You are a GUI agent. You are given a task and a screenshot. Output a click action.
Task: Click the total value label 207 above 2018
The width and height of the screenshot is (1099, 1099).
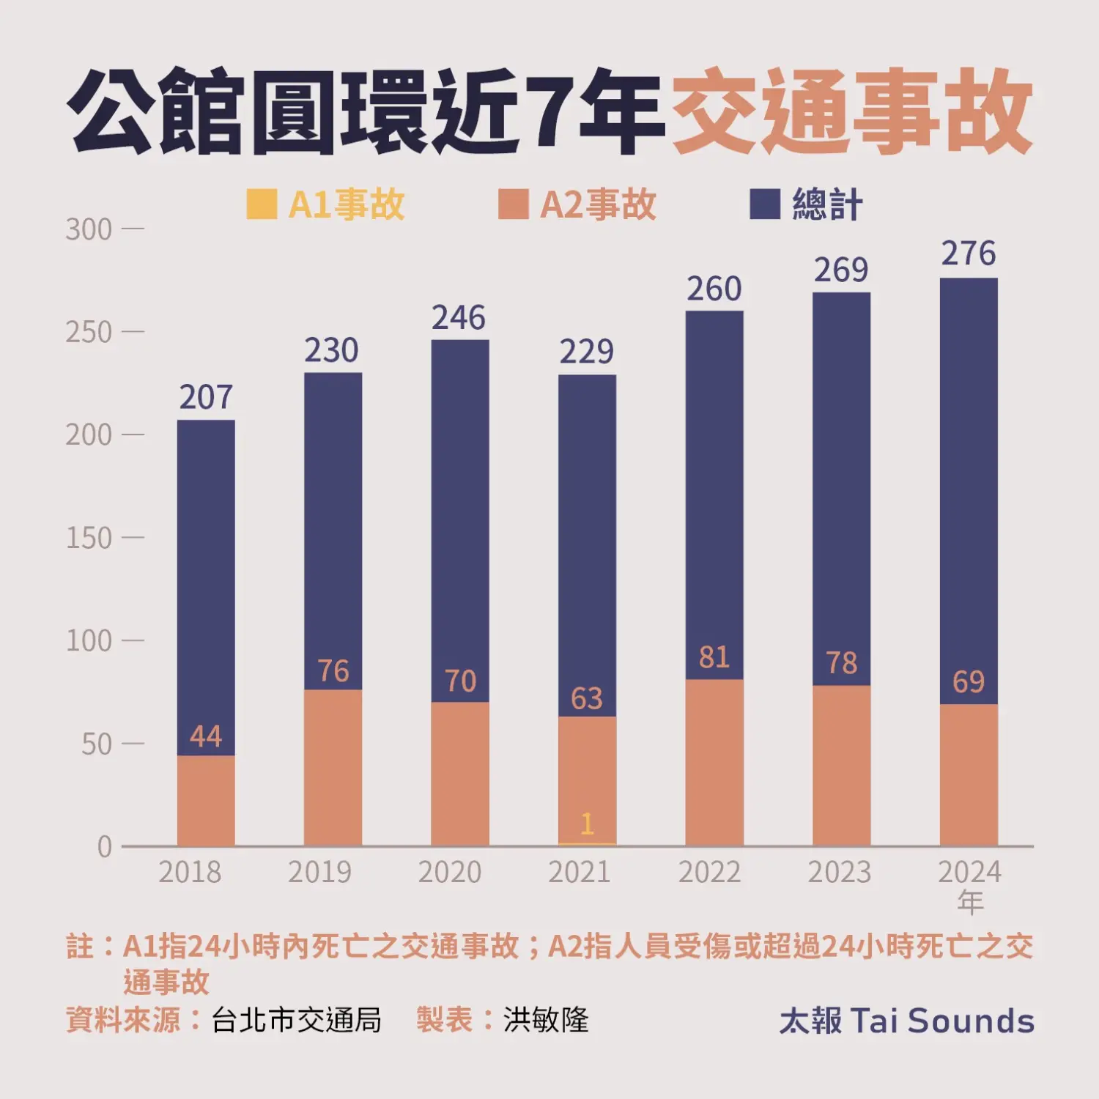[206, 398]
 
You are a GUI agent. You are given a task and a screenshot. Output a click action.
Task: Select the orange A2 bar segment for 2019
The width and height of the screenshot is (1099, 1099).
[333, 769]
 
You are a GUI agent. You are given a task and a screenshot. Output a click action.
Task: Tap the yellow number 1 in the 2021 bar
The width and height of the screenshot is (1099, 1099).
[587, 824]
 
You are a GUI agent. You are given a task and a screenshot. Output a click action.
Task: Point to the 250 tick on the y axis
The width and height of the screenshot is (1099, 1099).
[89, 333]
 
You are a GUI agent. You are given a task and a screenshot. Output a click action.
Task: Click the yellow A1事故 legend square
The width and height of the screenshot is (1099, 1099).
[262, 204]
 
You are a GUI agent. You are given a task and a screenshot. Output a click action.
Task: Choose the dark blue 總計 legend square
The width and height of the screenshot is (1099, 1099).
[764, 204]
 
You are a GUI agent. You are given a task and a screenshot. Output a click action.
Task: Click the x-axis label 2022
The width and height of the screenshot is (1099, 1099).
[709, 872]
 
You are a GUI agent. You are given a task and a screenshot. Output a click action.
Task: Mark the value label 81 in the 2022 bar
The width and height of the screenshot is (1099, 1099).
[714, 657]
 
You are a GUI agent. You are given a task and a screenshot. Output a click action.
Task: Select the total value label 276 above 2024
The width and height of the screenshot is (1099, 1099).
[968, 254]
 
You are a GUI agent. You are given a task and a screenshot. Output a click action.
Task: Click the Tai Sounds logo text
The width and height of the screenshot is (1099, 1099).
[906, 1021]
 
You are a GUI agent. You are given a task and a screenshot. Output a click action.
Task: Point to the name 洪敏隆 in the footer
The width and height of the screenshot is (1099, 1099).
[546, 1020]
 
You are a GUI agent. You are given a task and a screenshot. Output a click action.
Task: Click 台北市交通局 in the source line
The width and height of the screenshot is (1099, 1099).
[297, 1020]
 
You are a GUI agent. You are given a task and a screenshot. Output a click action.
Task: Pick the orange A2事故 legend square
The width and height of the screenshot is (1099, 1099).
[513, 204]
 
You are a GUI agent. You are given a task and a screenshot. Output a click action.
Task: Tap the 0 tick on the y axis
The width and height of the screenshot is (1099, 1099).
[105, 847]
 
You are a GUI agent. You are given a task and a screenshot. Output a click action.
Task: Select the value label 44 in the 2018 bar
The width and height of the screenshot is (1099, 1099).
[205, 736]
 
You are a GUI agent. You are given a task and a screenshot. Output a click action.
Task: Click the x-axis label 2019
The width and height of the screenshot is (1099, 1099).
[319, 872]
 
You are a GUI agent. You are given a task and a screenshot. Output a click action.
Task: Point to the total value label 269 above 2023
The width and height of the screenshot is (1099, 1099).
[841, 270]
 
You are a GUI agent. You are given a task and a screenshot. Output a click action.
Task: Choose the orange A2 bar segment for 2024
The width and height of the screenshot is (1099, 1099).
[968, 777]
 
